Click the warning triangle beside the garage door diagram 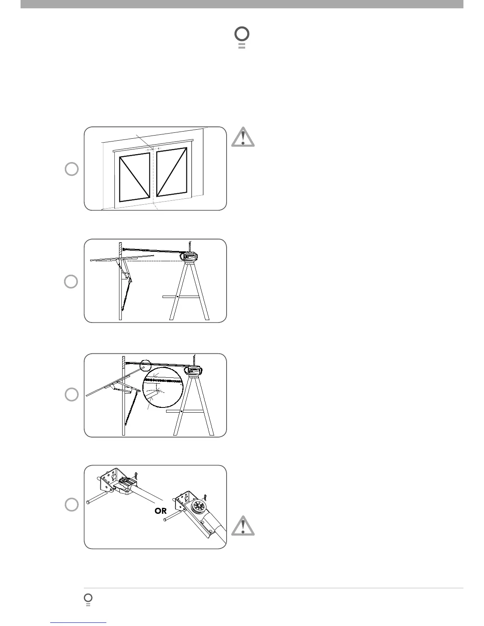(x=243, y=137)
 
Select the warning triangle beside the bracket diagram (x=243, y=526)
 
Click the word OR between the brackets (x=161, y=511)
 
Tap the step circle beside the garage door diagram (x=72, y=169)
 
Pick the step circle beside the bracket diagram (x=72, y=505)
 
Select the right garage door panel (x=172, y=173)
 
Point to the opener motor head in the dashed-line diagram (x=190, y=256)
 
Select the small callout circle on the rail (x=146, y=364)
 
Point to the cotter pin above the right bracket (x=206, y=495)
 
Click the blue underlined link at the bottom (x=79, y=622)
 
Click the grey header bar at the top (x=242, y=4)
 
